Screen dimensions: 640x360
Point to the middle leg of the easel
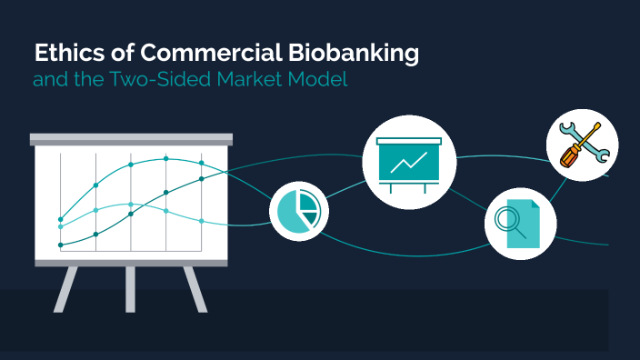coord(131,289)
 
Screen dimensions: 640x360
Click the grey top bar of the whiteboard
coord(131,139)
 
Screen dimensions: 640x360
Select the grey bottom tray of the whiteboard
coord(131,262)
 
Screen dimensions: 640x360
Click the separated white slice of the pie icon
coord(308,204)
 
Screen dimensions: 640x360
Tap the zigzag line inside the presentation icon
coord(410,164)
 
